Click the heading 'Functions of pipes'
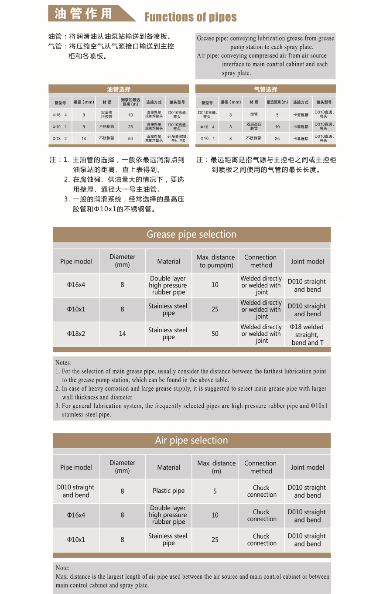191,17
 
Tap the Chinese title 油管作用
83,14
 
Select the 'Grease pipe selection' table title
191,235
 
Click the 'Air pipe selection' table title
191,440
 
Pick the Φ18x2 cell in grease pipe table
76,334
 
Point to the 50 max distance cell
215,334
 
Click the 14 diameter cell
122,334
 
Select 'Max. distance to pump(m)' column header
215,261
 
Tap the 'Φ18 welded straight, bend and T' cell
308,335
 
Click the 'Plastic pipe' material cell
168,491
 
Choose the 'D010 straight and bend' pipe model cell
76,491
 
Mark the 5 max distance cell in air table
215,491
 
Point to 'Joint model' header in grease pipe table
308,261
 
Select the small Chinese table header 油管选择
119,89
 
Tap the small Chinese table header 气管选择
266,89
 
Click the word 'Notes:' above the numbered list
64,362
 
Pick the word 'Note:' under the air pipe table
63,568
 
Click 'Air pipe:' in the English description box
208,56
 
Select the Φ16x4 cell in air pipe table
76,515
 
